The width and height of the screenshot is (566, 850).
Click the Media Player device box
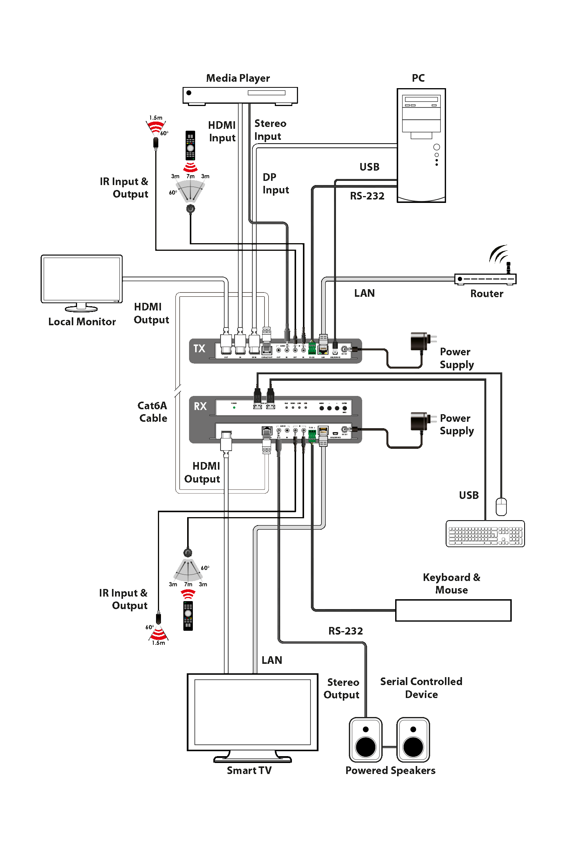(240, 95)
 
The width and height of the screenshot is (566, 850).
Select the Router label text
(487, 294)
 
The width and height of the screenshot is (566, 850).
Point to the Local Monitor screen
(82, 279)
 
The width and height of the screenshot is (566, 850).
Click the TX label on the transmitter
(199, 348)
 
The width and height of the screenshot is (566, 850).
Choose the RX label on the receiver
(200, 406)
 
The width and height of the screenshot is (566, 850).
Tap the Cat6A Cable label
(153, 412)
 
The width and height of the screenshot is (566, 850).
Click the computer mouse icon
(501, 507)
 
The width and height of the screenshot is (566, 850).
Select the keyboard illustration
(485, 534)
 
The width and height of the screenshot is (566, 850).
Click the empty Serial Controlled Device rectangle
(453, 611)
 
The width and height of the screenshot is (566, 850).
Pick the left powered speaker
(366, 740)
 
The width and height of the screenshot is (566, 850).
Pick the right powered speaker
(413, 740)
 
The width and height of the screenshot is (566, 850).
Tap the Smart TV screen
(252, 712)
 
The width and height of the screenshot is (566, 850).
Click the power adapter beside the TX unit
(420, 342)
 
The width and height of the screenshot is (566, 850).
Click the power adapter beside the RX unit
(420, 421)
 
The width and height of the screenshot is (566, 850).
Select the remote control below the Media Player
(190, 146)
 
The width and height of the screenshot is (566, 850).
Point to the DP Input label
(276, 184)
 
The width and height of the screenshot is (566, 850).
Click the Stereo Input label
(270, 130)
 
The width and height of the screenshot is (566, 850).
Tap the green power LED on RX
(234, 408)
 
